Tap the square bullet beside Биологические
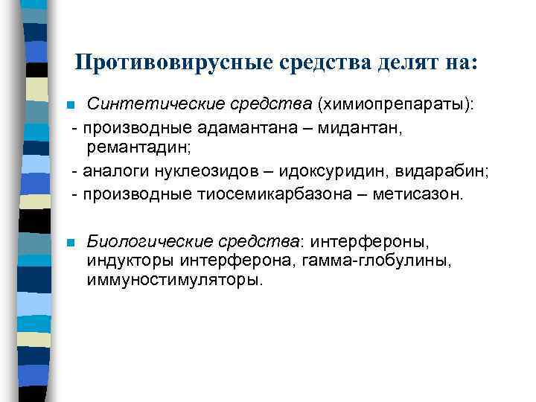click(x=69, y=243)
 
